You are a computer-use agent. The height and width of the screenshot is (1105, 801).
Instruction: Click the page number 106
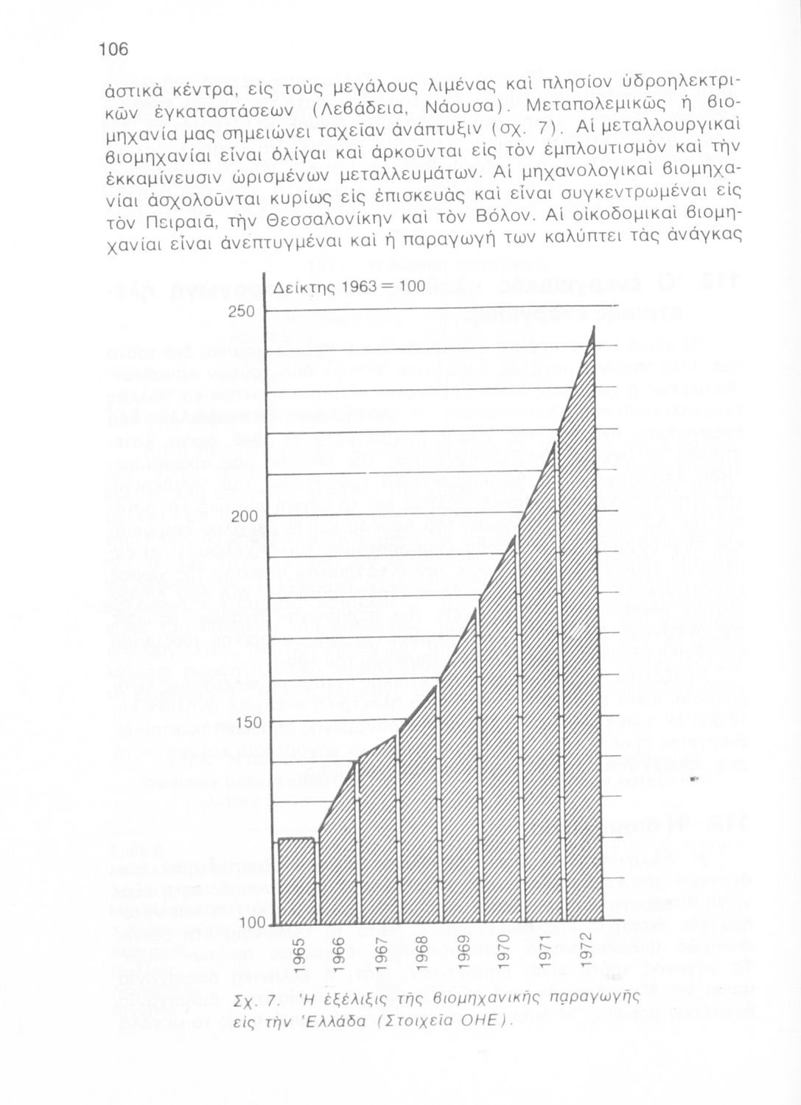click(113, 49)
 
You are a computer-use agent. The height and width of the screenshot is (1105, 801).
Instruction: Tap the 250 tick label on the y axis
click(242, 311)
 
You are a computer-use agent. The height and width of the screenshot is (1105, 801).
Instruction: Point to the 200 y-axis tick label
click(242, 517)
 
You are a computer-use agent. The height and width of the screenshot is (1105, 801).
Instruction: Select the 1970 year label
click(504, 956)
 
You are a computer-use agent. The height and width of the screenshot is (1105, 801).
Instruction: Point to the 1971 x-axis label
click(545, 956)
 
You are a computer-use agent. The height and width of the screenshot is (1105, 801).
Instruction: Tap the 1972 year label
click(587, 956)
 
